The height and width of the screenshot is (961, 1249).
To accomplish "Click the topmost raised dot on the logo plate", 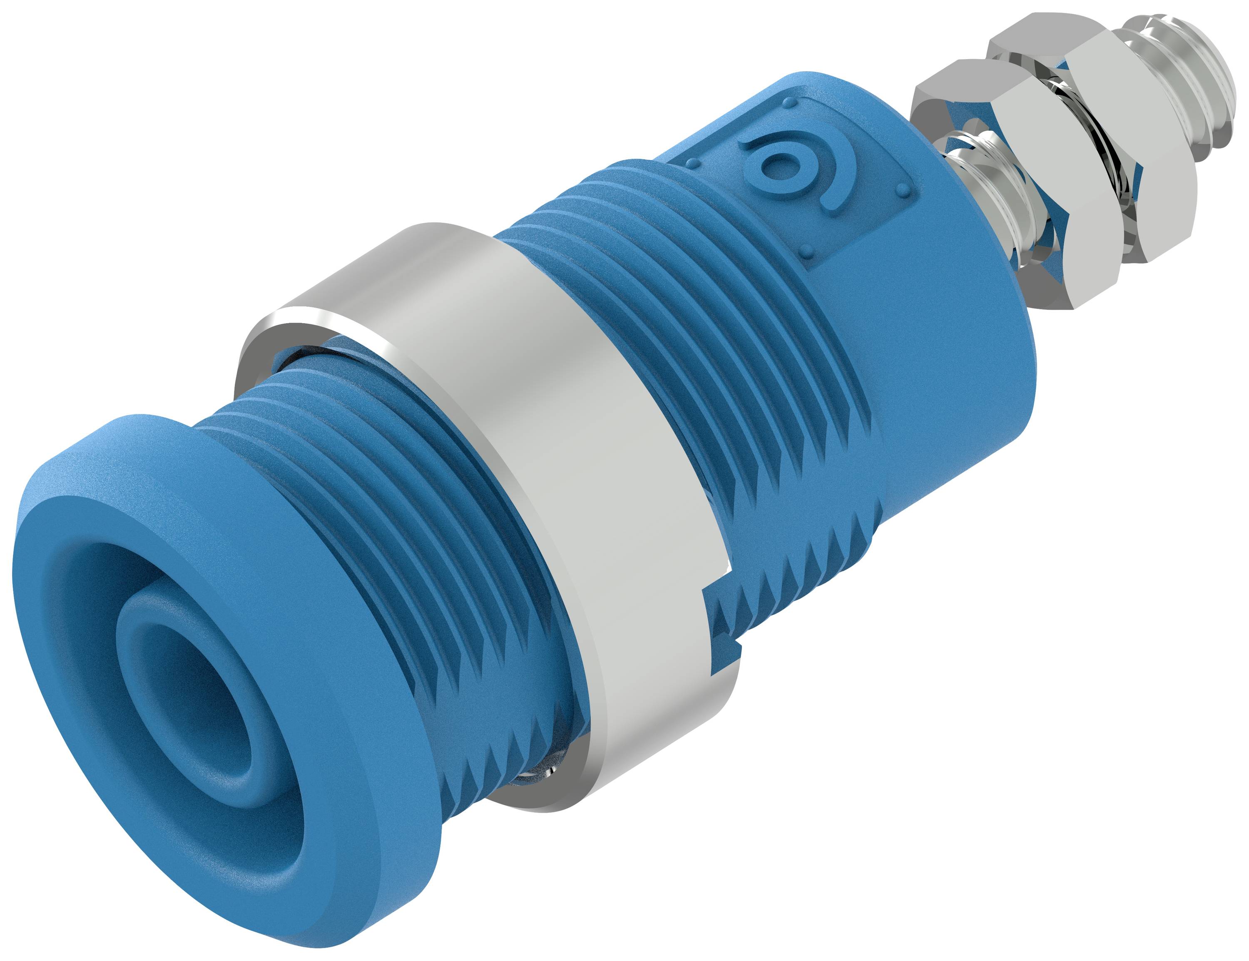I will (x=790, y=103).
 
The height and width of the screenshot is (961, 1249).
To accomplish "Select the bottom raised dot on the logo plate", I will (x=807, y=250).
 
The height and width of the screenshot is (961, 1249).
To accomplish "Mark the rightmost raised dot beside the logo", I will (x=903, y=189).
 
